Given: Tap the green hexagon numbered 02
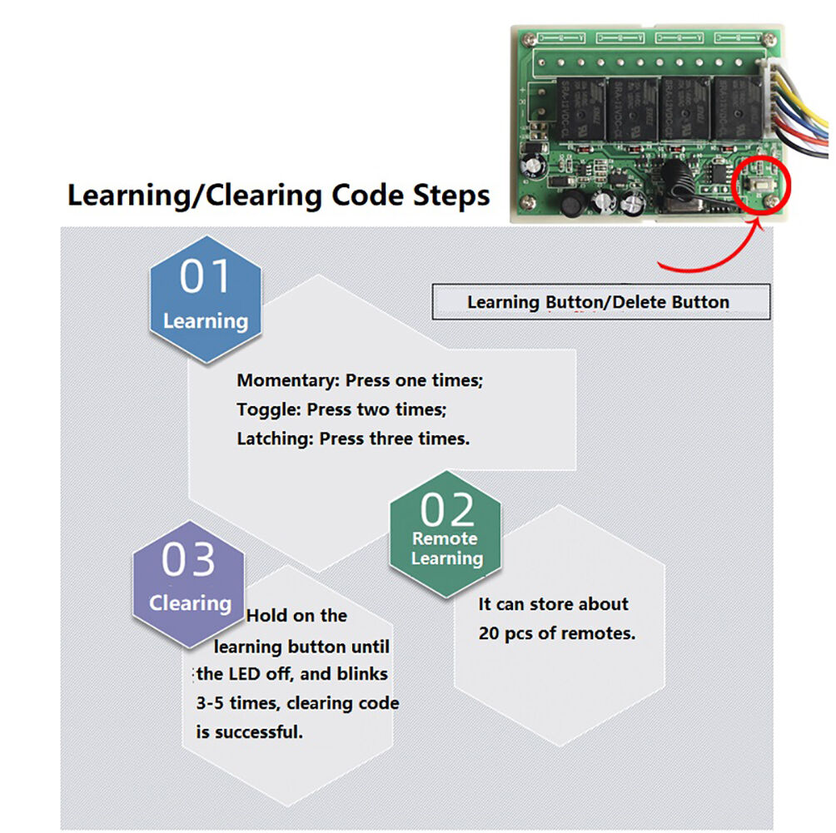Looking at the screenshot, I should (x=445, y=533).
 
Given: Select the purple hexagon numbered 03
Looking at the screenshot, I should (x=189, y=583).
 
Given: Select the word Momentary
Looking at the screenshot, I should (x=284, y=380).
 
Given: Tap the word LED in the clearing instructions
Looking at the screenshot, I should (x=247, y=674).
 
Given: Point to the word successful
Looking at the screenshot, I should (x=258, y=732).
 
